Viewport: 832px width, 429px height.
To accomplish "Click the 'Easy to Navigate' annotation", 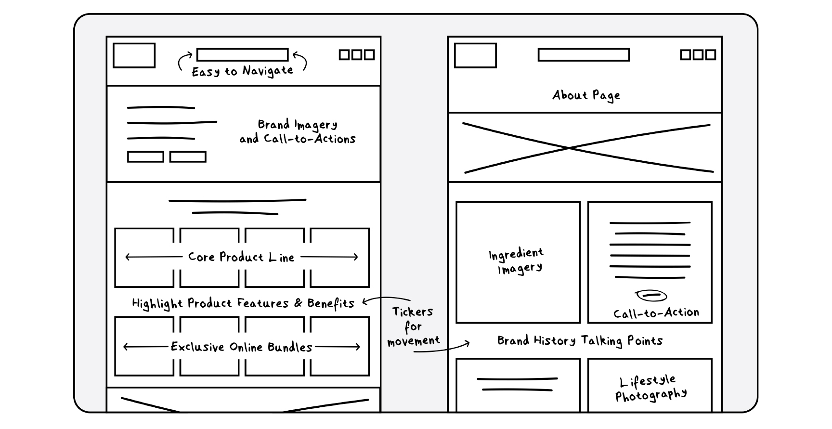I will [242, 71].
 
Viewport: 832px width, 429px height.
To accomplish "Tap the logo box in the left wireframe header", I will [134, 55].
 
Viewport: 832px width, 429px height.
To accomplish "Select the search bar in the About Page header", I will [583, 55].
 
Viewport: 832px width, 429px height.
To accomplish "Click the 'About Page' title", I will [586, 95].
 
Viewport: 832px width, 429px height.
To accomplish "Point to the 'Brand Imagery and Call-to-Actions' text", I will [298, 131].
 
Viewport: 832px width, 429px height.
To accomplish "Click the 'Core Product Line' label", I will [241, 257].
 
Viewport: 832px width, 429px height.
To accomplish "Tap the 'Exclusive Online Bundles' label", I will [242, 347].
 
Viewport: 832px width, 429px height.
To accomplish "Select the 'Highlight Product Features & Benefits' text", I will [243, 303].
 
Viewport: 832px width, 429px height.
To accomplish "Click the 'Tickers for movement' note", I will [413, 326].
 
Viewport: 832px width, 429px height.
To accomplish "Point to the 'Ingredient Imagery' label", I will [517, 261].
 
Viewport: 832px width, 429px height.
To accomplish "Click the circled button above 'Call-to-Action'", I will [651, 295].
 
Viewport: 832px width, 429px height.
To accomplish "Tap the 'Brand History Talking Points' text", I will [580, 341].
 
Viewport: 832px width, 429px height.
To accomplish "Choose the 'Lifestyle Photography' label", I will [650, 389].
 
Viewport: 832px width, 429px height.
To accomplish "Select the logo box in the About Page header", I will [475, 55].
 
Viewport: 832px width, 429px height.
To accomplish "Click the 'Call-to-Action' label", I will [656, 313].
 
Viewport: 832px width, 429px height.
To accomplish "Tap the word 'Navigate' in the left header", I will [268, 71].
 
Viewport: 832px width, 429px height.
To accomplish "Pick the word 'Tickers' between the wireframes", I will [413, 312].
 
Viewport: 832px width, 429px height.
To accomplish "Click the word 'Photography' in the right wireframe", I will [651, 396].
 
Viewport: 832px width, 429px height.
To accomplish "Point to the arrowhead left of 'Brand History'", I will [467, 344].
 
